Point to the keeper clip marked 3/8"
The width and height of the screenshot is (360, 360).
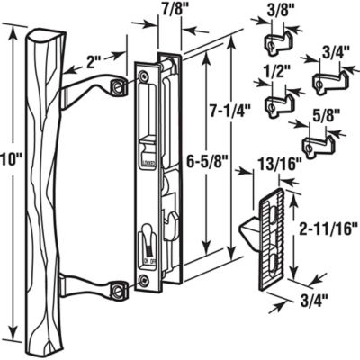point(274,42)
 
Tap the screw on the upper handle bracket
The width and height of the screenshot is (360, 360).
point(118,85)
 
